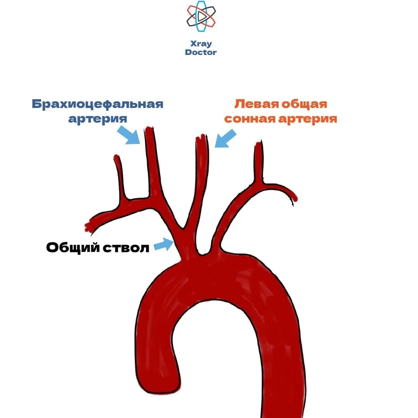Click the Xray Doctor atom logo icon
click(201, 17)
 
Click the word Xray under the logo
click(201, 43)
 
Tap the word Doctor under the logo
click(201, 52)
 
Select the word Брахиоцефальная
click(98, 104)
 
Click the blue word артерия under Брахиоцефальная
click(98, 119)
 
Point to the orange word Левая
click(257, 104)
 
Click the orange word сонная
click(250, 119)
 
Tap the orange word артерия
click(308, 119)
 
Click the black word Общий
click(73, 247)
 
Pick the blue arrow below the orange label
click(225, 139)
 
